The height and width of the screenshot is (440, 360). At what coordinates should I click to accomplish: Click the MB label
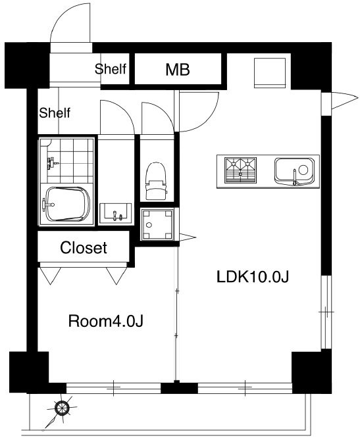(178, 69)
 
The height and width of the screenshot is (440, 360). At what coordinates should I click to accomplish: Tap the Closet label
(84, 247)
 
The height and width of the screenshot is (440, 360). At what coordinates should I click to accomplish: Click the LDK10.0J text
(253, 276)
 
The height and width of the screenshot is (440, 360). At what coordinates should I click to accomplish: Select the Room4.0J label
(106, 321)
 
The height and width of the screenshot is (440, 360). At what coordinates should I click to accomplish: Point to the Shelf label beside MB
(111, 69)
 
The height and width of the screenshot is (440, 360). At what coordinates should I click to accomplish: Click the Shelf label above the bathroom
(55, 113)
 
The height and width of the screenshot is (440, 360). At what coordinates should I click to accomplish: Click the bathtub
(67, 204)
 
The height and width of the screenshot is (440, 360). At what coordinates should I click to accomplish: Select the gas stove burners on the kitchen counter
(240, 170)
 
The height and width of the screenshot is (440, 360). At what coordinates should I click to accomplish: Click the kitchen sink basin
(294, 172)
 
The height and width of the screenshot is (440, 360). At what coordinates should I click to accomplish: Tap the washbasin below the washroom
(115, 214)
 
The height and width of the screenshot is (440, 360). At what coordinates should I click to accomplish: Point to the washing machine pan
(157, 224)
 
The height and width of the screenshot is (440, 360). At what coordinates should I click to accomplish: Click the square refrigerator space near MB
(270, 73)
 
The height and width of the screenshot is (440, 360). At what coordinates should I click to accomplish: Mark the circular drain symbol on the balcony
(62, 408)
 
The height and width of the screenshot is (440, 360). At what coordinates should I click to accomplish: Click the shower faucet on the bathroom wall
(52, 162)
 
